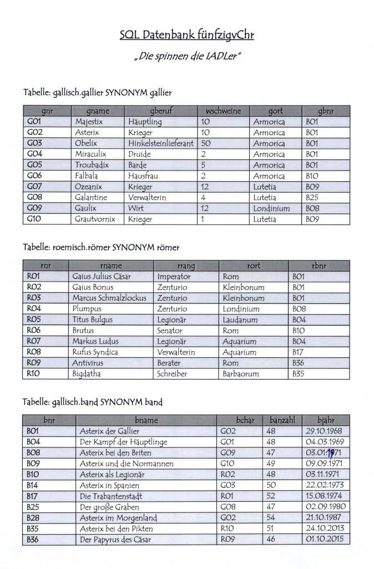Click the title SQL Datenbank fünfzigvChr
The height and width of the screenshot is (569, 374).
pos(186,36)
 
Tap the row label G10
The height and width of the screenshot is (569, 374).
pos(35,219)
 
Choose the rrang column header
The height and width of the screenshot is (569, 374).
pos(186,266)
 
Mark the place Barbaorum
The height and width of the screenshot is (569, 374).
pos(240,374)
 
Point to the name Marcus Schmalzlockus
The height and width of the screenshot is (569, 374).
pos(109,298)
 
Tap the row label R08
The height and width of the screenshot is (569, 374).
pos(35,352)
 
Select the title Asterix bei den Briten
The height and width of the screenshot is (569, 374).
pos(117,453)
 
